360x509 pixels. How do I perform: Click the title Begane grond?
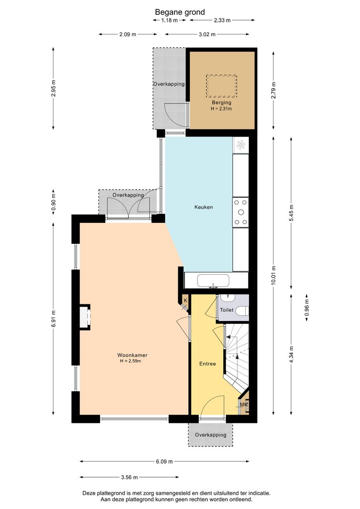pos(180,12)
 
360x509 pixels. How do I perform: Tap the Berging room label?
pos(222,103)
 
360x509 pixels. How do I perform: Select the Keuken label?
pos(204,207)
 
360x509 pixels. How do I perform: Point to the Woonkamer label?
pos(133,355)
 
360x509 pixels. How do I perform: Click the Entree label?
pos(207,364)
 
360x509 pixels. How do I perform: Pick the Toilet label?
pos(226,310)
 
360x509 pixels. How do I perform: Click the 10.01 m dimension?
pos(273,276)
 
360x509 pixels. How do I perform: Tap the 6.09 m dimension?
pos(165,461)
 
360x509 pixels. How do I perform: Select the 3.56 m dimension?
pos(129,477)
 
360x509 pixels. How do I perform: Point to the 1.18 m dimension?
pos(169,20)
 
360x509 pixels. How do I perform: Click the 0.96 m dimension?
pos(307,308)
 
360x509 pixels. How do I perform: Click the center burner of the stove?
pos(241,212)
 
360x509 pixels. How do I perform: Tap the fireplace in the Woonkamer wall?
pos(85,318)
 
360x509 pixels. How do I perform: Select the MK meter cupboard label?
pos(244,405)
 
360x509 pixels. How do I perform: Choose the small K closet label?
pos(185,301)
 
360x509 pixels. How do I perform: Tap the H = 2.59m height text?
pos(130,361)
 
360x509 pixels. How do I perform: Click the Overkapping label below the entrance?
pos(210,435)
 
